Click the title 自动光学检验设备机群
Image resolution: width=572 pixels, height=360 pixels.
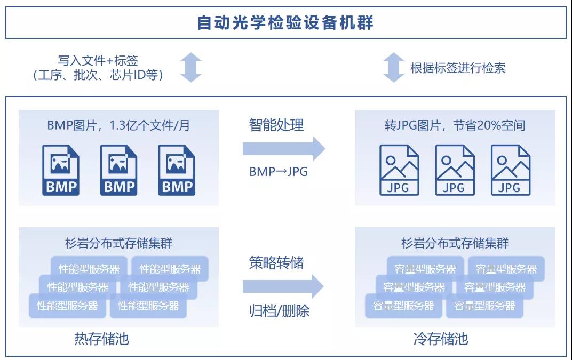tap(285, 23)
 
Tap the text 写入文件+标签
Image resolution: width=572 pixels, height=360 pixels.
tap(98, 61)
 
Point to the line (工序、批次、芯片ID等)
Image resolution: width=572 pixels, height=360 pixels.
tap(98, 75)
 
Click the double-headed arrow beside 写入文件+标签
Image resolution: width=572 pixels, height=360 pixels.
tap(191, 68)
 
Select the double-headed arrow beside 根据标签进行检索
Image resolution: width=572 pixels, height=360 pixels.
tap(394, 68)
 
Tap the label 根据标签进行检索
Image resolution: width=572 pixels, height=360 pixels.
tap(457, 68)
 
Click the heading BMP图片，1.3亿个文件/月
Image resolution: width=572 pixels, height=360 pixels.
tap(118, 125)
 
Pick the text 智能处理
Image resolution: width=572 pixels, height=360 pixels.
tap(276, 125)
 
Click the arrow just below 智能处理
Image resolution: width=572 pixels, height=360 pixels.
tap(283, 148)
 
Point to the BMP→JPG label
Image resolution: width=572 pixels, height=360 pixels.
tap(278, 172)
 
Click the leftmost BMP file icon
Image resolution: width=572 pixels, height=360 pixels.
tap(61, 170)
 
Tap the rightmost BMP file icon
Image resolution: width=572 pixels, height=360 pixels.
tap(177, 170)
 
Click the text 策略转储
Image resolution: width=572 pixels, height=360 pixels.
tap(276, 263)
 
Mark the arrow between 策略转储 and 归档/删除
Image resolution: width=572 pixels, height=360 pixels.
tap(283, 287)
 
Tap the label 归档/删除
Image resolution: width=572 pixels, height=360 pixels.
tap(279, 311)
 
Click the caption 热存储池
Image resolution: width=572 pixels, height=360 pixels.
tap(101, 339)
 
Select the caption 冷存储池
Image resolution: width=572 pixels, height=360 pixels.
tap(441, 339)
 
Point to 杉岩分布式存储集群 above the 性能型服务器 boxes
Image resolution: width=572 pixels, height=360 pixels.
tap(118, 244)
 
